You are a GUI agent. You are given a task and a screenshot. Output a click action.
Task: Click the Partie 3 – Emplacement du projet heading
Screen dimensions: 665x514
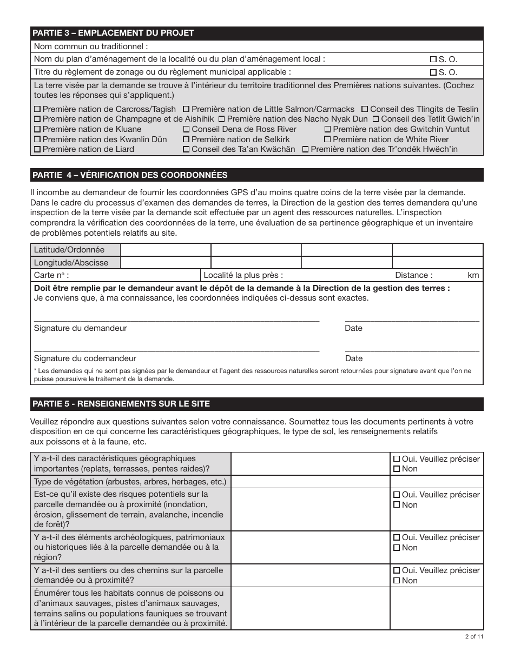(x=114, y=33)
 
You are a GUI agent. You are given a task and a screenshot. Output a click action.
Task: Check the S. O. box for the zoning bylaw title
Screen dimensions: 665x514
(x=433, y=72)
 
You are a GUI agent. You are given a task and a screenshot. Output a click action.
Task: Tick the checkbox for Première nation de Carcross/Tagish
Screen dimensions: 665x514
(x=37, y=109)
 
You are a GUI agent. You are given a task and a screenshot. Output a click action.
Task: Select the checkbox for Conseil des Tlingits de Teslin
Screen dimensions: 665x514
(x=365, y=109)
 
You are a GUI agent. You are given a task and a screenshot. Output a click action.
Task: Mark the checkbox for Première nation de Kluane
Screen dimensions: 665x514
(x=37, y=130)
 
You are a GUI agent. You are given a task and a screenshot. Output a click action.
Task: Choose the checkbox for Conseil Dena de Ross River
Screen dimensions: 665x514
(x=186, y=130)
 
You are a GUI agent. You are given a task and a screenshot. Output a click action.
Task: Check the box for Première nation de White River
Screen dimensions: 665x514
(x=327, y=139)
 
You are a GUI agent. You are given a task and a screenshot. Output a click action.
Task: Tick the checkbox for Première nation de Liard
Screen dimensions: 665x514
(x=37, y=150)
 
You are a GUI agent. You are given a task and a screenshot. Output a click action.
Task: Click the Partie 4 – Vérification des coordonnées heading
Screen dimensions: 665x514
(x=130, y=175)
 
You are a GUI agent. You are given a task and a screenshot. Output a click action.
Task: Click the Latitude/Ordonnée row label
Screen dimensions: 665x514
(x=69, y=250)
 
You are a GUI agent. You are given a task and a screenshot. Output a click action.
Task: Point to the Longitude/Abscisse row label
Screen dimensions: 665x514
(x=71, y=263)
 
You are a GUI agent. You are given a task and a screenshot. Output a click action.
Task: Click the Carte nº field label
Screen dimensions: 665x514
(x=51, y=275)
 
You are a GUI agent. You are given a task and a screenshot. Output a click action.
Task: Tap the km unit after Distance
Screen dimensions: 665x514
(x=473, y=275)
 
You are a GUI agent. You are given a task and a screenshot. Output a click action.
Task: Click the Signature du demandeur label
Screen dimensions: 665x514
(x=81, y=328)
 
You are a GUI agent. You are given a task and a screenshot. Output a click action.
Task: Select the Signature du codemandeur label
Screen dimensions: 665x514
(x=85, y=358)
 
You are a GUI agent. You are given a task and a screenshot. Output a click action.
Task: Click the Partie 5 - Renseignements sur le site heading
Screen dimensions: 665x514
(x=121, y=404)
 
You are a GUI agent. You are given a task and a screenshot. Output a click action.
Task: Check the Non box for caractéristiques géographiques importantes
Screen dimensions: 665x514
(x=397, y=469)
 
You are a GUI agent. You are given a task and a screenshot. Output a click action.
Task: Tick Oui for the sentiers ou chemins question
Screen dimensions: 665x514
(x=397, y=570)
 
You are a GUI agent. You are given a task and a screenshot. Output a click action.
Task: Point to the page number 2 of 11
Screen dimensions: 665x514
(x=474, y=636)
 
